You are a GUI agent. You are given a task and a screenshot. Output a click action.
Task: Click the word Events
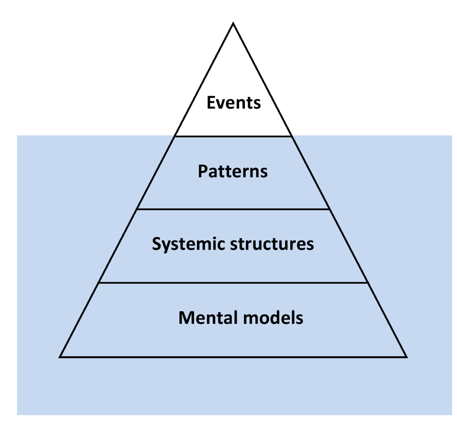pyautogui.click(x=233, y=103)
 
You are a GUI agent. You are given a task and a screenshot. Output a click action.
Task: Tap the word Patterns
pyautogui.click(x=233, y=171)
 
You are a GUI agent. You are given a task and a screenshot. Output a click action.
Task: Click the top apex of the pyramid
pyautogui.click(x=233, y=24)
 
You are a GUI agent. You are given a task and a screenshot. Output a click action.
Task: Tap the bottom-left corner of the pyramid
pyautogui.click(x=60, y=357)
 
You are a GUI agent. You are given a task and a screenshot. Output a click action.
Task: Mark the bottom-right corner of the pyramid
pyautogui.click(x=406, y=357)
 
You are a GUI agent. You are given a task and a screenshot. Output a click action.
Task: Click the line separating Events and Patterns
pyautogui.click(x=233, y=136)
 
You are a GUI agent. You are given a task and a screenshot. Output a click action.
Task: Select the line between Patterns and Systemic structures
pyautogui.click(x=233, y=209)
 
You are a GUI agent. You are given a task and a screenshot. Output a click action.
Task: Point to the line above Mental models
pyautogui.click(x=233, y=283)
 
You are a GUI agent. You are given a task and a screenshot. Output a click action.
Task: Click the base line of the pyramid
pyautogui.click(x=233, y=357)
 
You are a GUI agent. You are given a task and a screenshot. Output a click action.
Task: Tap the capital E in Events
pyautogui.click(x=211, y=103)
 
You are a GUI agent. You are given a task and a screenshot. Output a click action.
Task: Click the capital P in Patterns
pyautogui.click(x=203, y=171)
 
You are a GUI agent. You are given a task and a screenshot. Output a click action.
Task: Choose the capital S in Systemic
pyautogui.click(x=157, y=244)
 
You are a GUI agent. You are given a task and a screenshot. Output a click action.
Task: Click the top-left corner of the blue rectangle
pyautogui.click(x=17, y=136)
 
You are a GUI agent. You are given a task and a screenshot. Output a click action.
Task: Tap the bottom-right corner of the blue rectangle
pyautogui.click(x=452, y=415)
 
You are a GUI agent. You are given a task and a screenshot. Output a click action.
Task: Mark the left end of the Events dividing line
pyautogui.click(x=175, y=136)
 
